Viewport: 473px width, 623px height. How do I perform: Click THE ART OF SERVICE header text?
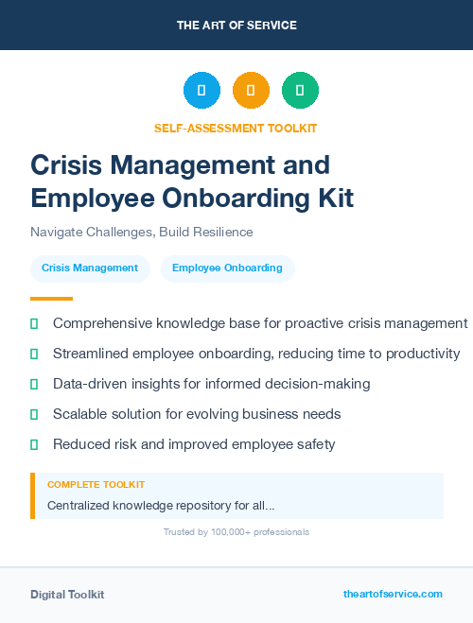(236, 25)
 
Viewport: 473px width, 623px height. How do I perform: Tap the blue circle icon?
(201, 91)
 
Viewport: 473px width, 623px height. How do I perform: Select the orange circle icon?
(251, 91)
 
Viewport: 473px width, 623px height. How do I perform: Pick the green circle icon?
(300, 91)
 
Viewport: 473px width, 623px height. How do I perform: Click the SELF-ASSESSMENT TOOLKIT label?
(236, 128)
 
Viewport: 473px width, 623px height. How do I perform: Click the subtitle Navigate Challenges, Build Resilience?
(142, 232)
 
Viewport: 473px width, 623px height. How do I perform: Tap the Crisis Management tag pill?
(90, 268)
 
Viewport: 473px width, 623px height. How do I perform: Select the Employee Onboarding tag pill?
(227, 268)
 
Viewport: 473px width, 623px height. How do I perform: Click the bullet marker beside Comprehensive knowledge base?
(34, 323)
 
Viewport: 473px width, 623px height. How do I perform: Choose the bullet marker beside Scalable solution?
(34, 414)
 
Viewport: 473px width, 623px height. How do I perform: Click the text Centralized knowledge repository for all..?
(161, 506)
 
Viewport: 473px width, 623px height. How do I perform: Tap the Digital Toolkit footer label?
(67, 594)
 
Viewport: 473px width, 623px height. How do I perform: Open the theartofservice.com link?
(393, 594)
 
